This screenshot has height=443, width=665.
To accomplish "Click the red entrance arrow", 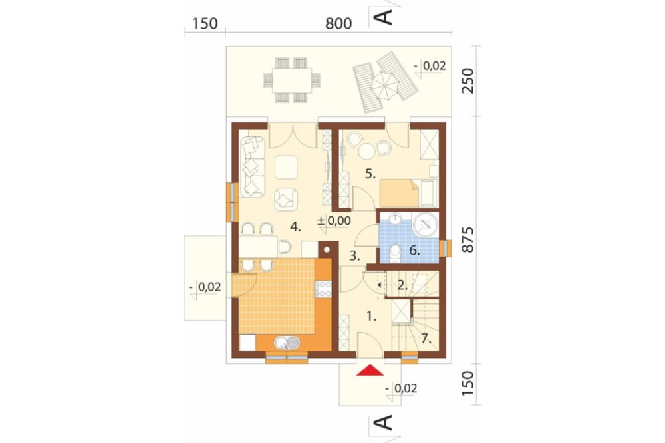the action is pyautogui.click(x=370, y=370).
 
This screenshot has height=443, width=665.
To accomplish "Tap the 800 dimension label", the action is pyautogui.click(x=338, y=23).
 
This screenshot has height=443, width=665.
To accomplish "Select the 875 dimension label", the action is pyautogui.click(x=467, y=240).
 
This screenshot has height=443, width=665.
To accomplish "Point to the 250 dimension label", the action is pyautogui.click(x=467, y=80).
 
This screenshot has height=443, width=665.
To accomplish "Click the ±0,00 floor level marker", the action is pyautogui.click(x=334, y=221).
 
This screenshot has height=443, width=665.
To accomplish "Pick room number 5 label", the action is pyautogui.click(x=370, y=174).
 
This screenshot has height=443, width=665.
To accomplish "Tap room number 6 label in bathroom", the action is pyautogui.click(x=414, y=251).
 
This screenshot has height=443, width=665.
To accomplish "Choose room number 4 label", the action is pyautogui.click(x=295, y=227).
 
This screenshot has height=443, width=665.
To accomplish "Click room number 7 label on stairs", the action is pyautogui.click(x=426, y=339).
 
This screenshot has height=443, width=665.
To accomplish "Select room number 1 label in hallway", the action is pyautogui.click(x=372, y=316).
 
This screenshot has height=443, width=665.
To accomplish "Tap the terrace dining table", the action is pyautogui.click(x=292, y=80).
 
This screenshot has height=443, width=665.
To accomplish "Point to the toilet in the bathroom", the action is pyautogui.click(x=395, y=253).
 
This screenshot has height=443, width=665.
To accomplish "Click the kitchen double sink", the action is pyautogui.click(x=287, y=342).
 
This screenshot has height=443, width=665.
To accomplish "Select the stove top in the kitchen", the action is pyautogui.click(x=324, y=289).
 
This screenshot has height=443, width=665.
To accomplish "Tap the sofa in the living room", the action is pyautogui.click(x=253, y=167).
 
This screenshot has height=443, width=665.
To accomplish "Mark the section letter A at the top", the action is pyautogui.click(x=383, y=17).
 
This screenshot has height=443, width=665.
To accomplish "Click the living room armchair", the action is pyautogui.click(x=286, y=200).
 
